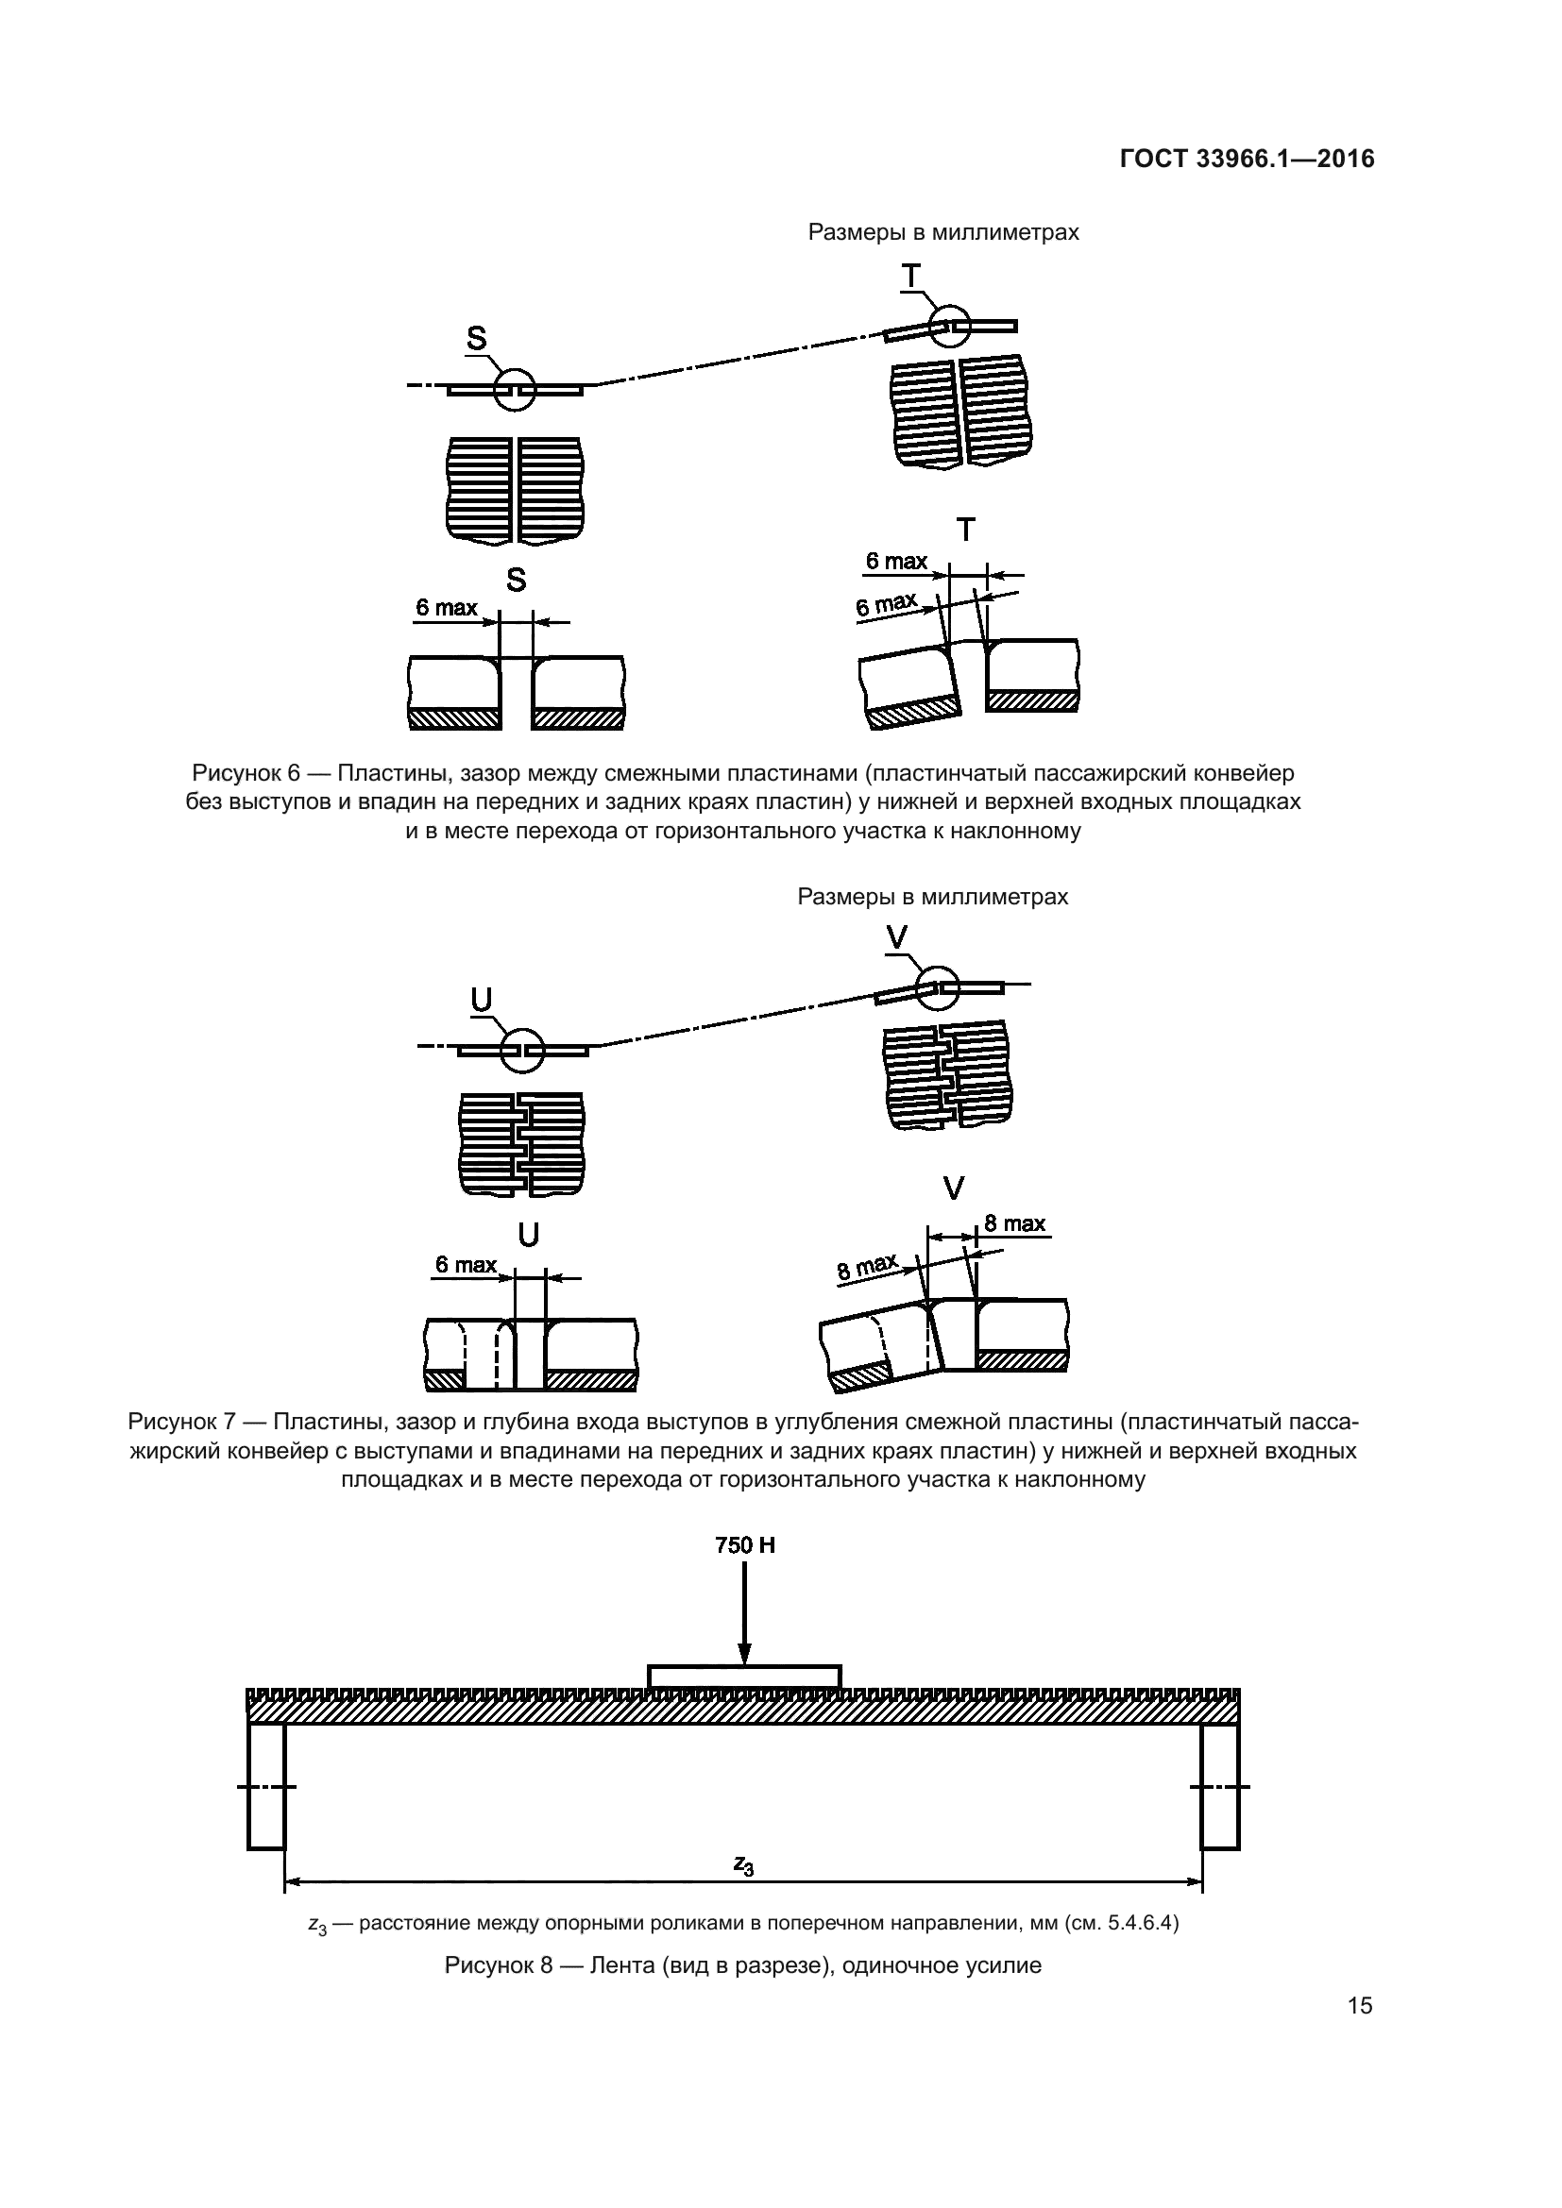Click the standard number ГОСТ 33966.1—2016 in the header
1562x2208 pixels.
[x=1247, y=159]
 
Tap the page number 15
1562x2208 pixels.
[x=1360, y=2005]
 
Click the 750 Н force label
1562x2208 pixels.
[x=744, y=1545]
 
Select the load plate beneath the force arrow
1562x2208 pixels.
[x=744, y=1677]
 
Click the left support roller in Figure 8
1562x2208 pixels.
[x=266, y=1787]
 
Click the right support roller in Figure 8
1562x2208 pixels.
[x=1219, y=1787]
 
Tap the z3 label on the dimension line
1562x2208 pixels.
[x=743, y=1864]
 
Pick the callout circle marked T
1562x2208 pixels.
[x=949, y=325]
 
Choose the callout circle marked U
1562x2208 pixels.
[x=522, y=1050]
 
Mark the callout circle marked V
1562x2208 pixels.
[x=938, y=987]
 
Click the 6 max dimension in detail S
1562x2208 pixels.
[x=447, y=608]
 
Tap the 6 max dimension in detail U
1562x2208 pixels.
[x=466, y=1265]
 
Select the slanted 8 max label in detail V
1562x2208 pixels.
[x=867, y=1266]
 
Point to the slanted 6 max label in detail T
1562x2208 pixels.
[x=886, y=605]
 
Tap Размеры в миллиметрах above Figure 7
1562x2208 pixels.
[x=932, y=896]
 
